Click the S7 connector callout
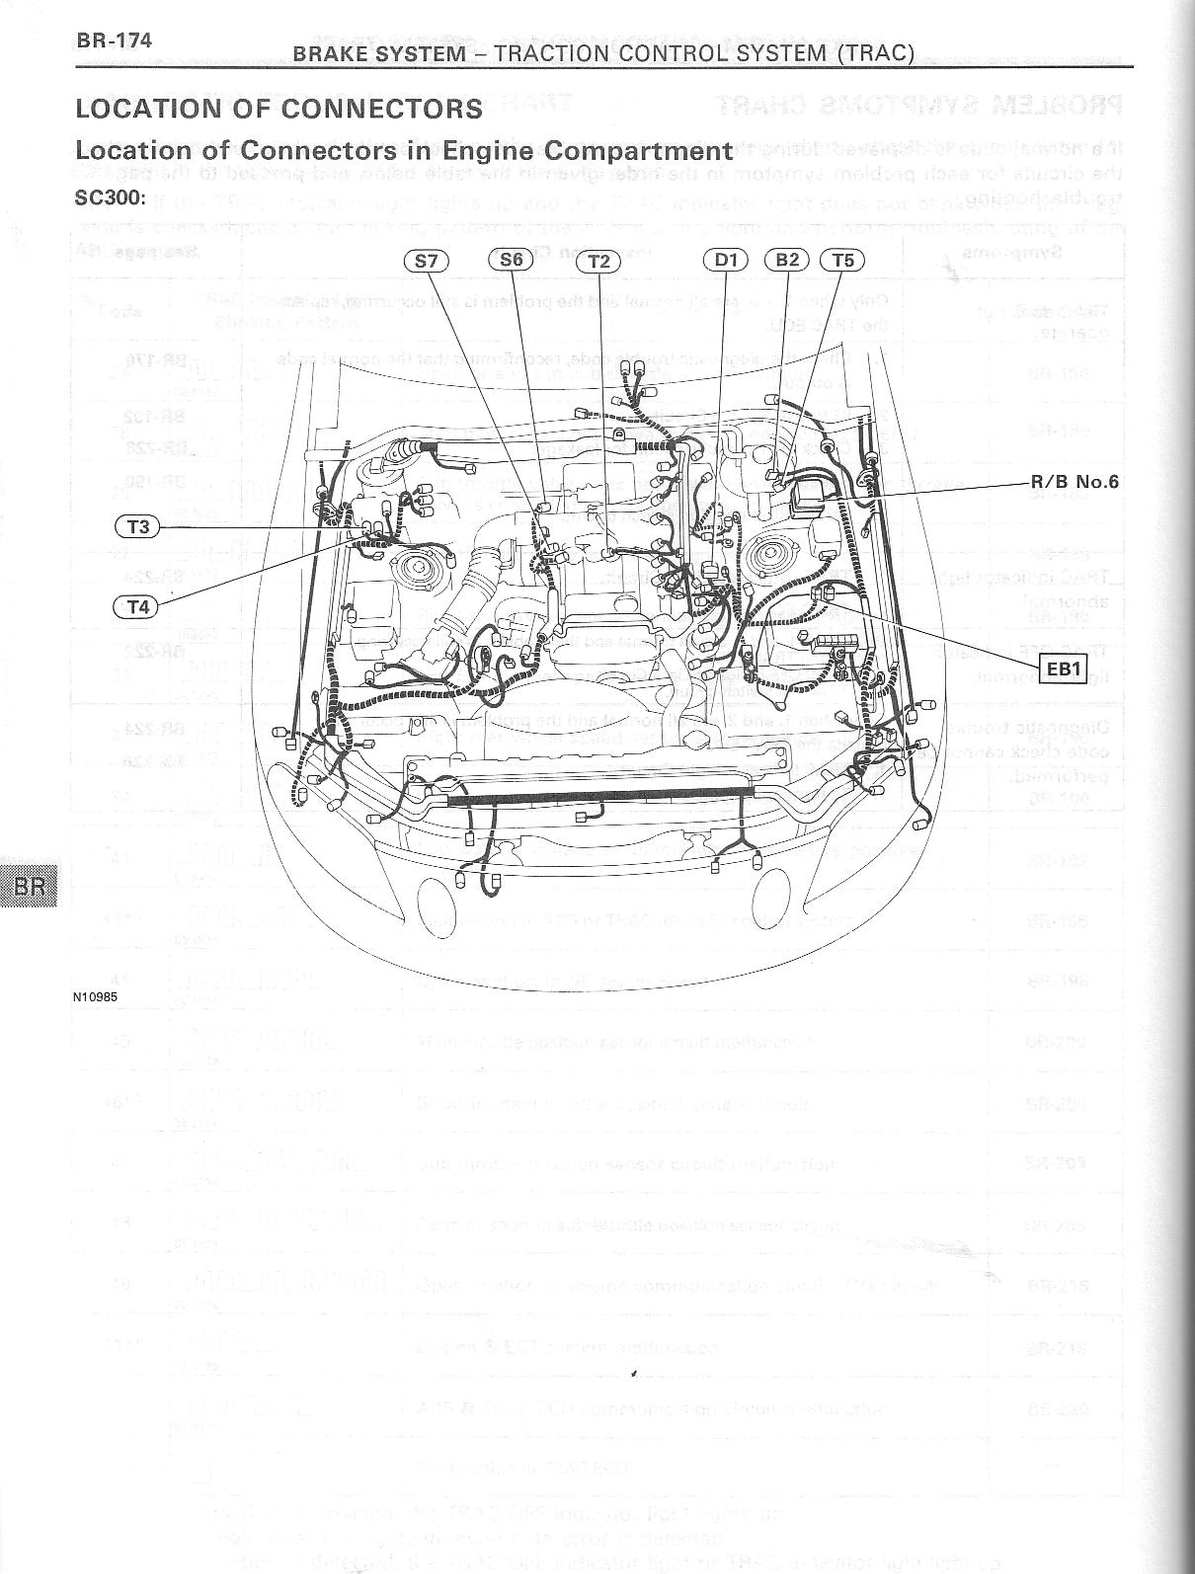427,261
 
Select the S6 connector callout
511,260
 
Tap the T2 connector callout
599,261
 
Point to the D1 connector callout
726,260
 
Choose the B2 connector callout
787,260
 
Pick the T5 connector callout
842,260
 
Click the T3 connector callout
138,526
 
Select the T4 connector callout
138,606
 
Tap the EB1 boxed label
1065,669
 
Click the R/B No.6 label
1075,483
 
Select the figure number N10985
96,996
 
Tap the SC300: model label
111,197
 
